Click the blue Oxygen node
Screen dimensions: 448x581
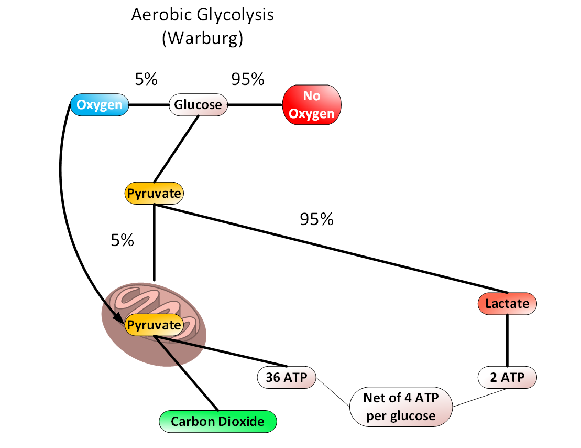(x=100, y=105)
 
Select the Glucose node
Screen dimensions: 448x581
(x=198, y=105)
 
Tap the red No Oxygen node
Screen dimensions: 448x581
(x=312, y=105)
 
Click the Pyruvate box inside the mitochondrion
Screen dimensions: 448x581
(x=154, y=325)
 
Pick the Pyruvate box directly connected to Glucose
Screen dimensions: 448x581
(x=154, y=194)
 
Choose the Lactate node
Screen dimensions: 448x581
(x=507, y=303)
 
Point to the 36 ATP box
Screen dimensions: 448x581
(x=287, y=376)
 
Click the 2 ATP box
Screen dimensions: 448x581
(x=508, y=376)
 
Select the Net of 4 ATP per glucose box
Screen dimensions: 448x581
(x=401, y=407)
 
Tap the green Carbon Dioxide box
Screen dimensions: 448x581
(x=217, y=421)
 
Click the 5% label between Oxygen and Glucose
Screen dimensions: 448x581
(x=146, y=79)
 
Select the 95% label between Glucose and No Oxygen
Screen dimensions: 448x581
(x=248, y=79)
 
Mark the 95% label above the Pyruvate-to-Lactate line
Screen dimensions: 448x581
(x=316, y=219)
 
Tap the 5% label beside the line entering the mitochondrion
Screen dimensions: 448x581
(x=122, y=240)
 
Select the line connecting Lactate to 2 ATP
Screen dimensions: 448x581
(x=507, y=340)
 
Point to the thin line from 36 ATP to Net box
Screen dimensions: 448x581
(x=333, y=391)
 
